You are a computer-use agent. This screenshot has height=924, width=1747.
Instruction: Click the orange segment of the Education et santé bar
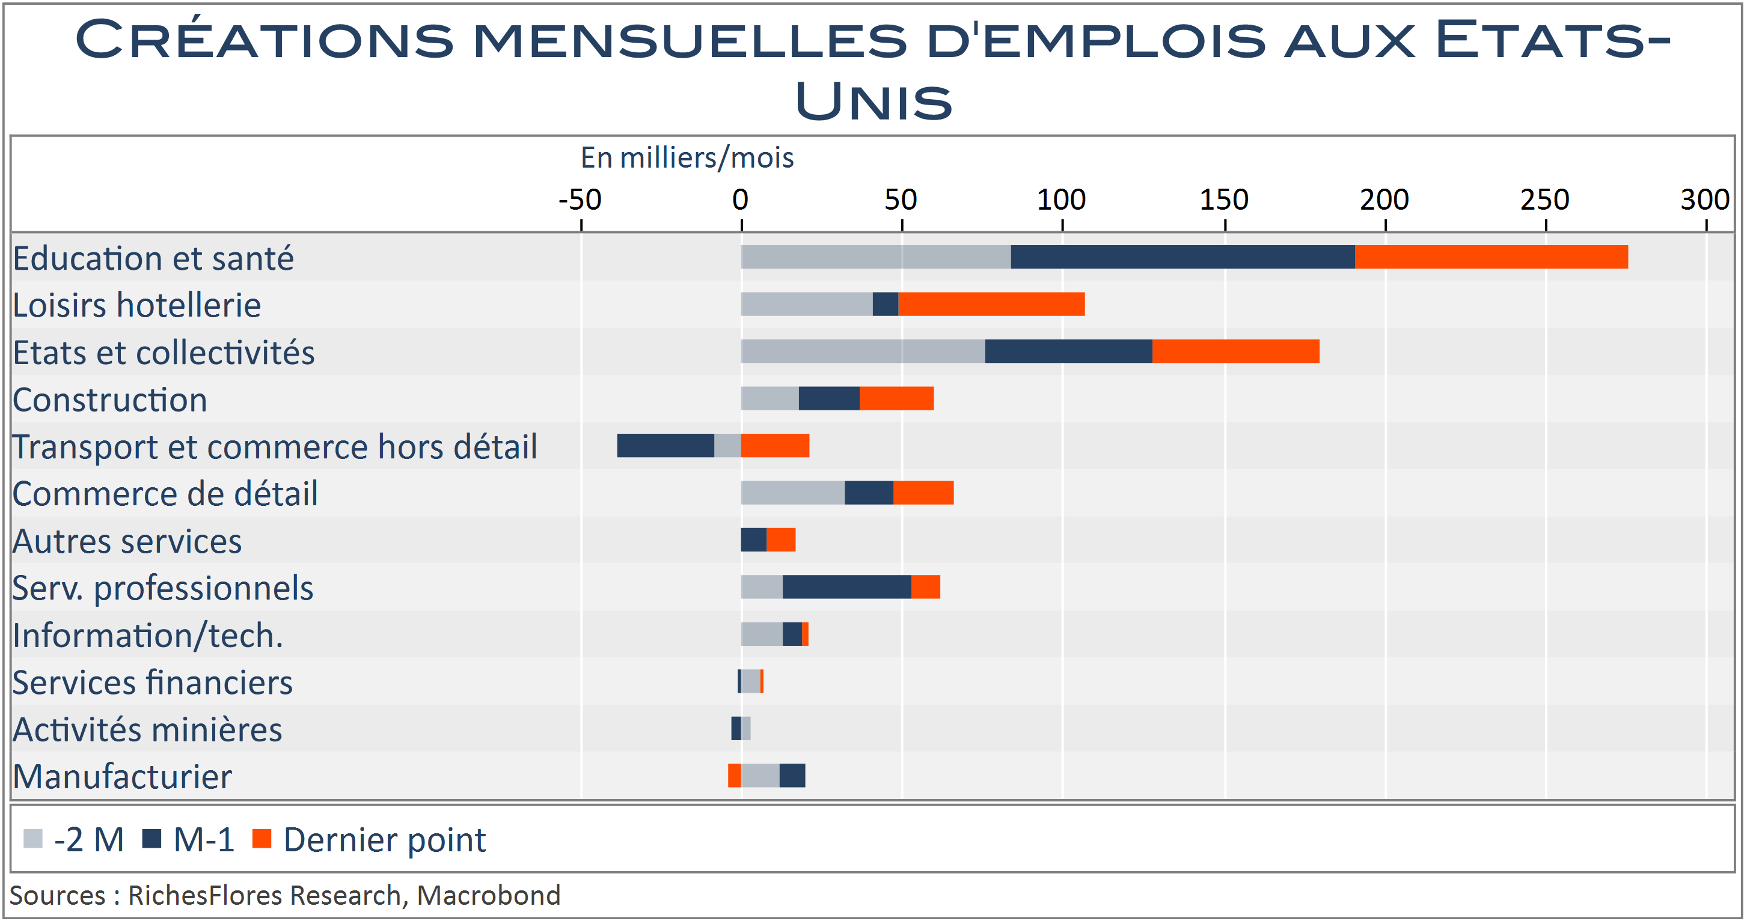coord(1491,257)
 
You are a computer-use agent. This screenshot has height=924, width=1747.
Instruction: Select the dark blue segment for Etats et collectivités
coord(1068,351)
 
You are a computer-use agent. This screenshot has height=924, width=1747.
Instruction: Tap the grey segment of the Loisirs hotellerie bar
coord(806,304)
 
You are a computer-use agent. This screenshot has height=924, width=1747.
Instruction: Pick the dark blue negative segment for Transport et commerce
coord(665,445)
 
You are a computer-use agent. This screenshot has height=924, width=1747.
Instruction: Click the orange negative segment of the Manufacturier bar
coord(734,776)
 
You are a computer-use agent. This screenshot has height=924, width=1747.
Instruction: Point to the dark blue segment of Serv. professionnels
coord(846,587)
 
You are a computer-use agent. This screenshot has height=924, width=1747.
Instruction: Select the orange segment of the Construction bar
coord(896,398)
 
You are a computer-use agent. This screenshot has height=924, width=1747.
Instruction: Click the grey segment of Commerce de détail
coord(792,493)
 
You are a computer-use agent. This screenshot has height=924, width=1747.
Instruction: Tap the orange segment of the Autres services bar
coord(780,540)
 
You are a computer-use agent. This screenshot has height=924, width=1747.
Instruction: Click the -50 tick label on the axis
coord(580,200)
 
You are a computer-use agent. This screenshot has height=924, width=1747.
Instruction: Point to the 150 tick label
coord(1223,200)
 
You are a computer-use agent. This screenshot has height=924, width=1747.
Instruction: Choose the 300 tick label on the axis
coord(1704,200)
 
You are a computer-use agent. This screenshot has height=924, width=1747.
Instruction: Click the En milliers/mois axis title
coord(687,158)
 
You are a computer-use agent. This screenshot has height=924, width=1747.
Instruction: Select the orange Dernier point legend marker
coord(262,839)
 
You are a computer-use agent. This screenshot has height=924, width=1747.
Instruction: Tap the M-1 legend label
coord(203,840)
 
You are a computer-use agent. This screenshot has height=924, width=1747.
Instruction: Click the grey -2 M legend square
coord(32,839)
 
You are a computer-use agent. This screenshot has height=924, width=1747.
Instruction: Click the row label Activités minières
coord(147,730)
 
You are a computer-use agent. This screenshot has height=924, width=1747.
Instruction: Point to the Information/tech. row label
coord(147,636)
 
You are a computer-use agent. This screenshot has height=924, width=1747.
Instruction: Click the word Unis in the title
coord(873,102)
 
